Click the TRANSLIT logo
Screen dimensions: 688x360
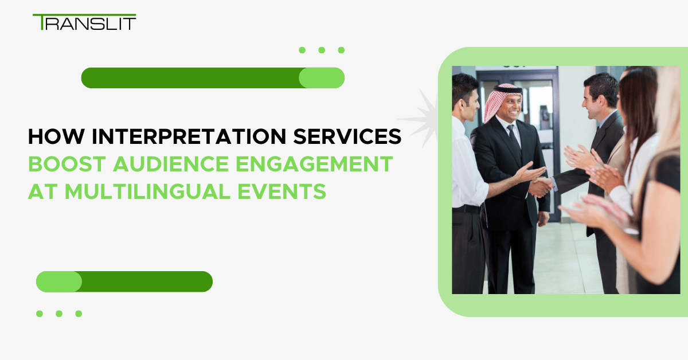[x=84, y=22]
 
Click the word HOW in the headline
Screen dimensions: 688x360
[x=56, y=136]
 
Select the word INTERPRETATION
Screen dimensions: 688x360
[x=189, y=136]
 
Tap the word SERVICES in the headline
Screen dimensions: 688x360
[x=347, y=136]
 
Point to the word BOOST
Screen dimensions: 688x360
[x=67, y=164]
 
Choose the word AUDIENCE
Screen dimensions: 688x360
[x=171, y=164]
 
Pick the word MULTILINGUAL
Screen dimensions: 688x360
[x=147, y=191]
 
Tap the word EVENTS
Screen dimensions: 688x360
[x=282, y=191]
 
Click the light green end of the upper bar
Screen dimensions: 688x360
[x=322, y=78]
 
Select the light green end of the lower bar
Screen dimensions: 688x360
[x=59, y=281]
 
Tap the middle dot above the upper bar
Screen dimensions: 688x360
[x=322, y=50]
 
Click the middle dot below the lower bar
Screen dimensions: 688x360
[x=59, y=314]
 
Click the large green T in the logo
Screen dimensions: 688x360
[x=42, y=22]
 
